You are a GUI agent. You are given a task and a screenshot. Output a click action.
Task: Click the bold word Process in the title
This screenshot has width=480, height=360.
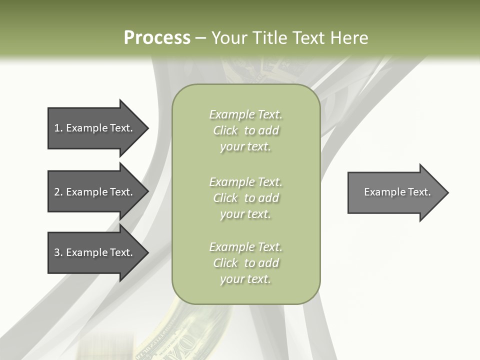tap(157, 38)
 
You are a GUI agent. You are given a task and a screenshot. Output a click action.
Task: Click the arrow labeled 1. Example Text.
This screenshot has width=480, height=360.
tap(95, 128)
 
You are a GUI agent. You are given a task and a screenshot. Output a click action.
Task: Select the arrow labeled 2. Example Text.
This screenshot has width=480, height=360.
tap(95, 192)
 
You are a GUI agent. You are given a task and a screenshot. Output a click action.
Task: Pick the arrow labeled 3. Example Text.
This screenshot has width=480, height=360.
tap(95, 252)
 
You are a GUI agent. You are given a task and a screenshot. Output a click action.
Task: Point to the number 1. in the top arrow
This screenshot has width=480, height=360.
tap(58, 128)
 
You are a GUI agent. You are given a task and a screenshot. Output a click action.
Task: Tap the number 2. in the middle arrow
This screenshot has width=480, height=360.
tap(58, 192)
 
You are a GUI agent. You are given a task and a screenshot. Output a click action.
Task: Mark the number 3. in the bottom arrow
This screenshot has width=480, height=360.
tap(58, 252)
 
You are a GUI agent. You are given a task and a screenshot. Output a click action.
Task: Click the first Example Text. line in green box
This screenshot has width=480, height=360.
tap(245, 114)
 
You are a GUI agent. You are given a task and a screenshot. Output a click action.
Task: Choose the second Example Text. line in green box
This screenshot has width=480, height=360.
tap(245, 181)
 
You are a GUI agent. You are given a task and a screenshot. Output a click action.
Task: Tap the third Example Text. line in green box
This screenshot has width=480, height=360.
tap(245, 247)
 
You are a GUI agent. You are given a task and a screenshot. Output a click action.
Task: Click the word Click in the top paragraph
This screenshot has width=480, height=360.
tap(225, 130)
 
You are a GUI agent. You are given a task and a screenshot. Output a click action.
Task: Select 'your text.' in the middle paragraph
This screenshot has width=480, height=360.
tap(245, 214)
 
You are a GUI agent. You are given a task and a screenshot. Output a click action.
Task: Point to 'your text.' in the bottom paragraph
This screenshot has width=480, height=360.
tap(245, 279)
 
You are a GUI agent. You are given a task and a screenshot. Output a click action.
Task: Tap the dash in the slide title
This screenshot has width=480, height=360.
tap(200, 38)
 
